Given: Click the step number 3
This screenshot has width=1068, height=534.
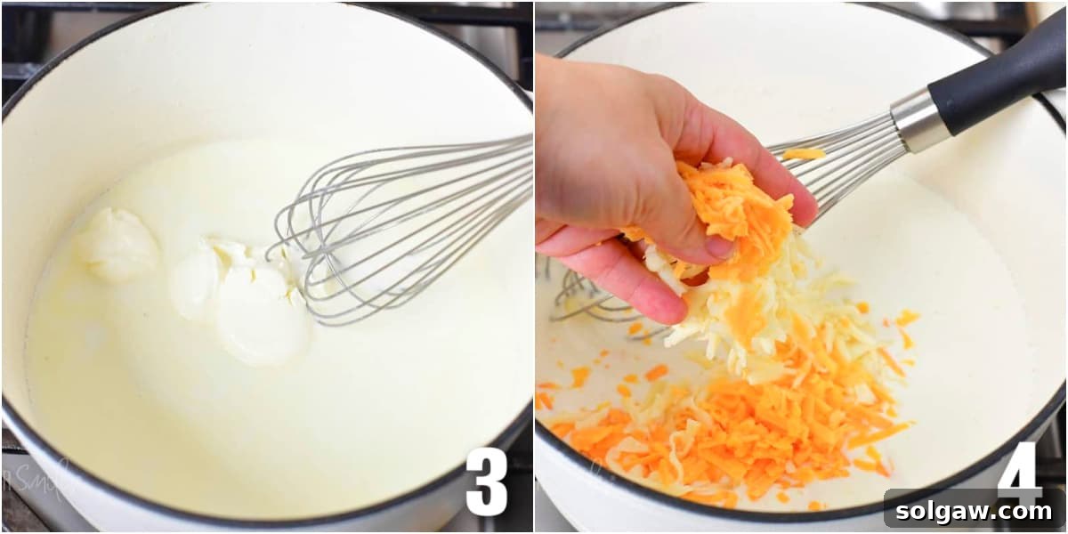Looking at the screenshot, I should point(486,481).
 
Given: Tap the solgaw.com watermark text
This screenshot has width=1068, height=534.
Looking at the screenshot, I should point(975,511).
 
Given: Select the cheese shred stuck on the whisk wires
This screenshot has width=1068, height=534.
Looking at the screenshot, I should point(804,154).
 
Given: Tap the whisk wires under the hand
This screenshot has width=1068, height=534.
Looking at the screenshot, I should point(587,303).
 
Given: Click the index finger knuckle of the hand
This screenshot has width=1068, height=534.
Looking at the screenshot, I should point(783,169).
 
